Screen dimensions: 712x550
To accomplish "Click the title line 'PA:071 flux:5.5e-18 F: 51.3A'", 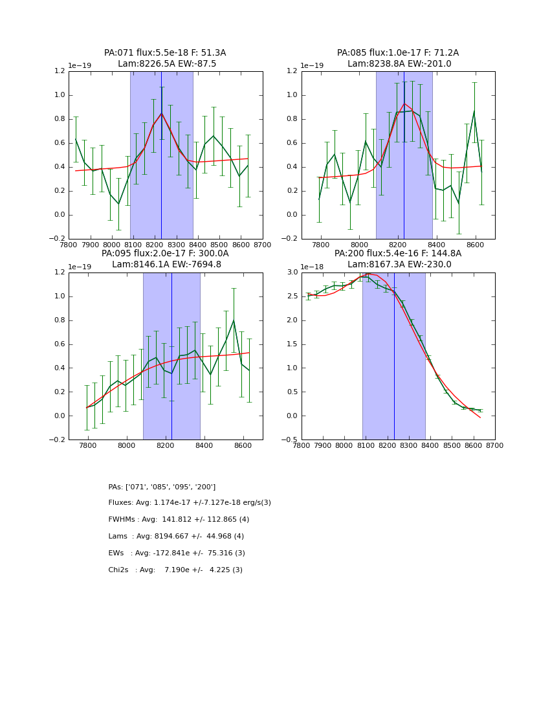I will tap(165, 53).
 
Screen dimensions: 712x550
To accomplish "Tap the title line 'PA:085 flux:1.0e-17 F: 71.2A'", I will tap(398, 53).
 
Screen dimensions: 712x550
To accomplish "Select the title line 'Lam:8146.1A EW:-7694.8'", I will tap(165, 264).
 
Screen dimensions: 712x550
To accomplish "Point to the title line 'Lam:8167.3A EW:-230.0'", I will tap(398, 264).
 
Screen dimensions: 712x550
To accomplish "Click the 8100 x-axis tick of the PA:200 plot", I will tap(366, 447).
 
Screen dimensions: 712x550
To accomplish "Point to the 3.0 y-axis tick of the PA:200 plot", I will tap(291, 273).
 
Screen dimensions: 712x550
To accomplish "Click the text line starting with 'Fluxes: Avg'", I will tap(190, 503).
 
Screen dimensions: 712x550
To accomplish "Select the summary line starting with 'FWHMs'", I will tap(179, 520).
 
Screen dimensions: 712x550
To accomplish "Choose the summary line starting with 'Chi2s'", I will tap(175, 570).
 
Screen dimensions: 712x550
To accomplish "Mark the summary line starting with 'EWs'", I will tap(177, 553).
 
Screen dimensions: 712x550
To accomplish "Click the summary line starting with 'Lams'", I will tap(176, 537).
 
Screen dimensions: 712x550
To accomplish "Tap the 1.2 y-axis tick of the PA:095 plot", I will tap(58, 273).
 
